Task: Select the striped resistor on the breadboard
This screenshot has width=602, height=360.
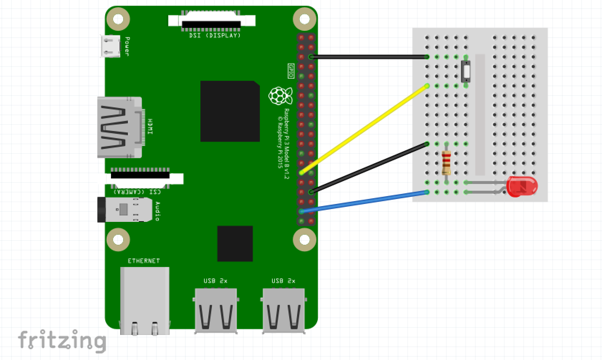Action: [446, 162]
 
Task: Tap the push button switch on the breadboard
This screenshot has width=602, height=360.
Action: [466, 71]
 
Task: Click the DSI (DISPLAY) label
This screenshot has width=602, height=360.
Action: [215, 35]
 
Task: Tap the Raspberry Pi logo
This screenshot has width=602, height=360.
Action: [278, 96]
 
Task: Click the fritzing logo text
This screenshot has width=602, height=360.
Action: [62, 340]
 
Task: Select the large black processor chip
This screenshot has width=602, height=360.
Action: [230, 111]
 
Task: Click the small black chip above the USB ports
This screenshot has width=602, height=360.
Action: [235, 243]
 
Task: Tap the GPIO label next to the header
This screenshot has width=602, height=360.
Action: [291, 71]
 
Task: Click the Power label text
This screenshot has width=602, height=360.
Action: [127, 46]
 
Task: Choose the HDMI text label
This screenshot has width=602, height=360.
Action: [150, 127]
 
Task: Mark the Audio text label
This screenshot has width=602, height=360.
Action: [157, 211]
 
